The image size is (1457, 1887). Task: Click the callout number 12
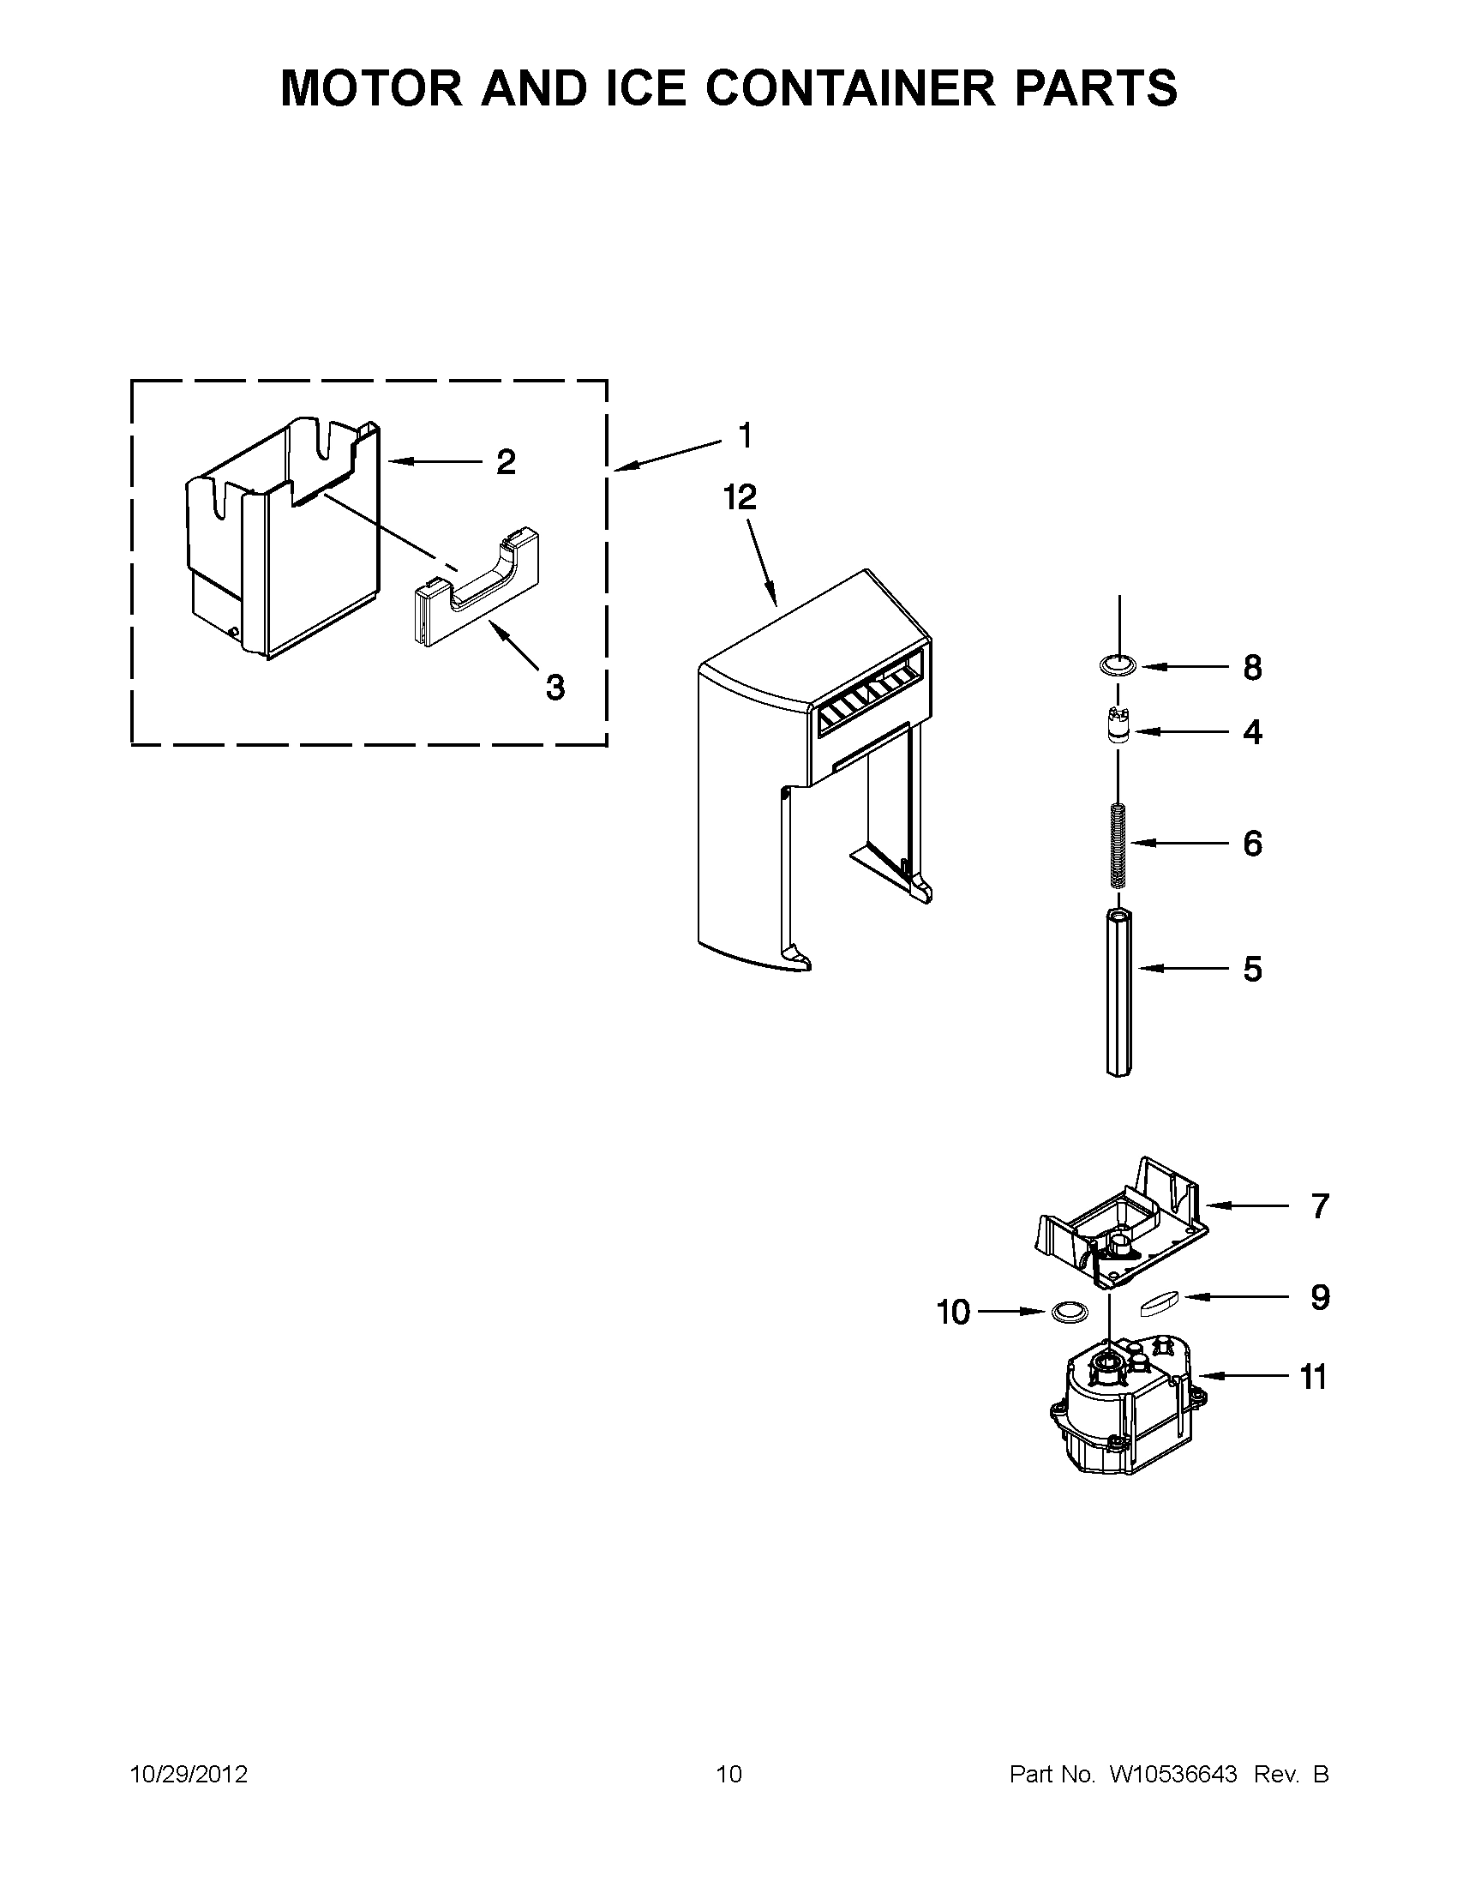pos(740,496)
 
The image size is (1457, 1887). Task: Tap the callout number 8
pos(1252,668)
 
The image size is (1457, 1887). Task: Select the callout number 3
pos(555,688)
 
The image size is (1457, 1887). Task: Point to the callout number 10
pos(954,1313)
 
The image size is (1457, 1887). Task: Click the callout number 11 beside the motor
pos(1313,1376)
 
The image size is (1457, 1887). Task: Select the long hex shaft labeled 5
pos(1118,994)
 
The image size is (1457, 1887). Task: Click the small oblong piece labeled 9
pos(1158,1303)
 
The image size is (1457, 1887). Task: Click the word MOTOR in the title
pos(371,88)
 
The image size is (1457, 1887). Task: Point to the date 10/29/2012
pos(189,1774)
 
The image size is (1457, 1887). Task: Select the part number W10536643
pos(1172,1774)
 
